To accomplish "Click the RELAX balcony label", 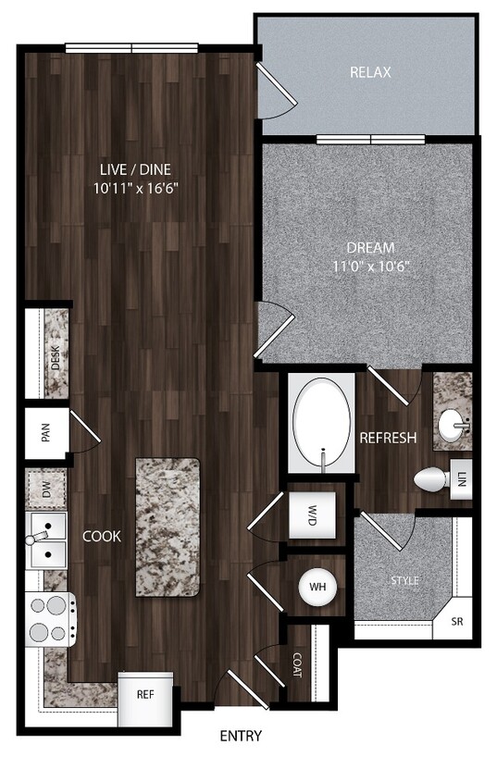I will tap(370, 72).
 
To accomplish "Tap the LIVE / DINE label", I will tap(137, 168).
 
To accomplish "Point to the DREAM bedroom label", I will tap(370, 248).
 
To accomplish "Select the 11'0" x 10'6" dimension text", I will tap(370, 267).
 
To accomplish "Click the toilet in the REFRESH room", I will tap(429, 479).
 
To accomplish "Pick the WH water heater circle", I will tap(317, 586).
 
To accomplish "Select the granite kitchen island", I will tap(168, 526).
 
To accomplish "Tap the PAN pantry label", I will tap(45, 433).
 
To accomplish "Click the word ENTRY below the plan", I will tap(241, 737).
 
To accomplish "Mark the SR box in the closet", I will tap(456, 621).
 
